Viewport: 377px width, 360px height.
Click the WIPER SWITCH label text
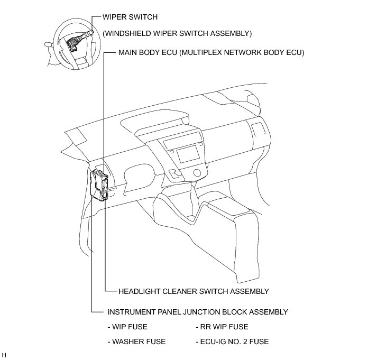[130, 17]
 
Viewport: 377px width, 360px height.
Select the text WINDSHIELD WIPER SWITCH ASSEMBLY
[177, 33]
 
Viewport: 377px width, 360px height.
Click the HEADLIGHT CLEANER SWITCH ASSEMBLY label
[194, 291]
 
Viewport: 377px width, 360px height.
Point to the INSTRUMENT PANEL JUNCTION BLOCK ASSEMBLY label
[198, 312]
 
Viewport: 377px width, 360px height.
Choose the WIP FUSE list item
[127, 327]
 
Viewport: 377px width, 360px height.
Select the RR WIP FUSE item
[222, 327]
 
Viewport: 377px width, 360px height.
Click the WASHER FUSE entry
[136, 341]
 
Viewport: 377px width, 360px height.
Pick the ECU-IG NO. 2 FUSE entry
[232, 341]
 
